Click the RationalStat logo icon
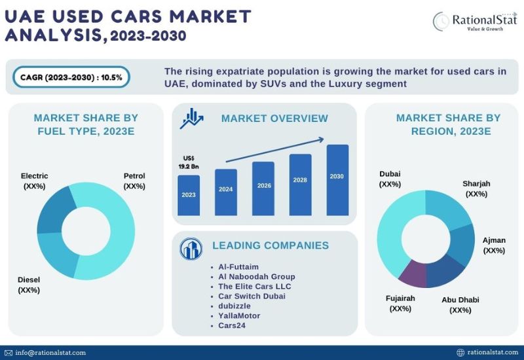pos(440,21)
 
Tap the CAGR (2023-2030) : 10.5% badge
pos(71,77)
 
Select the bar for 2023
pos(189,195)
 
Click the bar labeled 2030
pos(337,180)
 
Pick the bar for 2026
pos(263,189)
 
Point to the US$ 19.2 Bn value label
pos(188,162)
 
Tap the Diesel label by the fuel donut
pos(29,285)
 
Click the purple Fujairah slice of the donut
pos(413,274)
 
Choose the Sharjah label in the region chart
pos(476,189)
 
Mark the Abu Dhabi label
pos(460,304)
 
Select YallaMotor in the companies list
pos(239,315)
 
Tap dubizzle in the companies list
pos(234,306)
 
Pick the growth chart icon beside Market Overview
pos(193,117)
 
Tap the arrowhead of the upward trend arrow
pos(323,139)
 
